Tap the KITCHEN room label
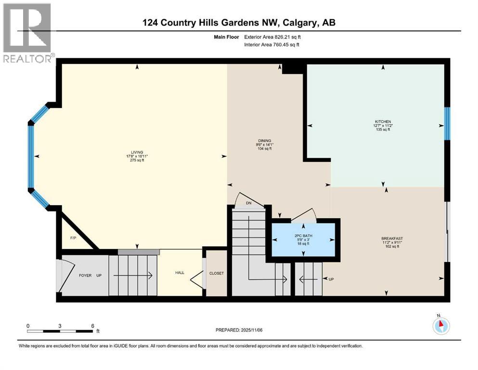point(383,121)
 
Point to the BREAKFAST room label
point(392,238)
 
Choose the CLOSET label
point(216,273)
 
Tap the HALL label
point(180,273)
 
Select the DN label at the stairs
point(248,203)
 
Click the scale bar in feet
point(60,331)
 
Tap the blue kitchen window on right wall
point(446,123)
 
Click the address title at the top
point(239,23)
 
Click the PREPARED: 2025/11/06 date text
point(239,330)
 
